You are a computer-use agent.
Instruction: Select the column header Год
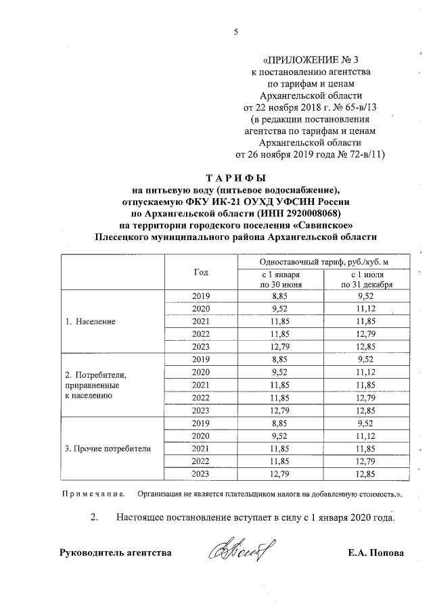[x=200, y=272]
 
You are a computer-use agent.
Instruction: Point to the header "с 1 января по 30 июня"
[x=280, y=279]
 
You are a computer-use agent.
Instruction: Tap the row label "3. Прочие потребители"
[x=108, y=448]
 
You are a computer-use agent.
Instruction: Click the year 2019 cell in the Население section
[x=200, y=296]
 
